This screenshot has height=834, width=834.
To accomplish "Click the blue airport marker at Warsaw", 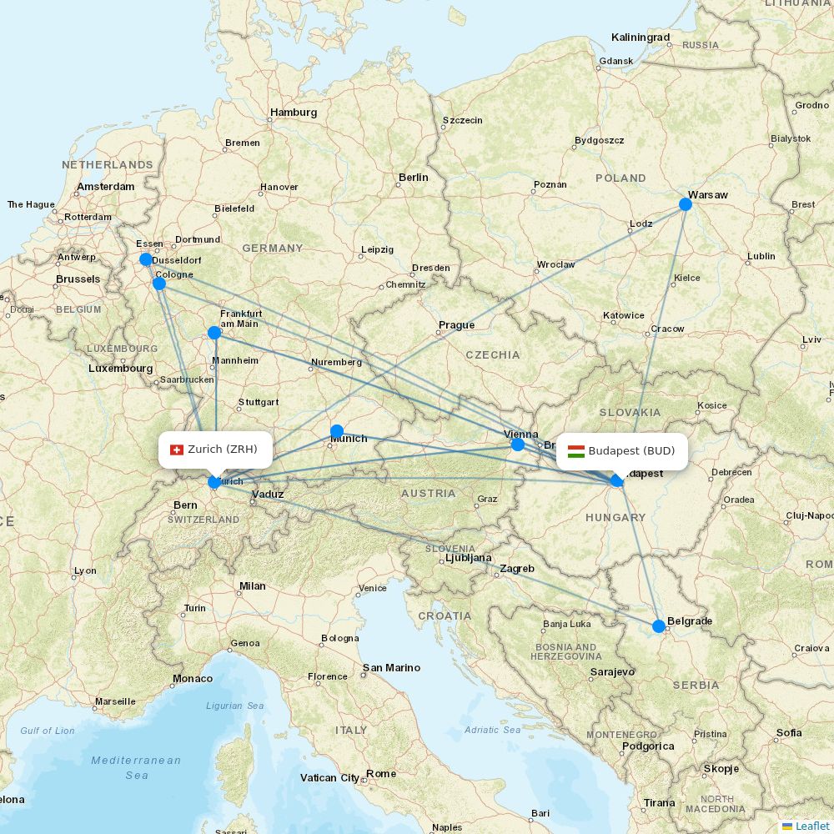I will tap(686, 204).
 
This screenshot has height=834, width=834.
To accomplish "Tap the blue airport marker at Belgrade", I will tap(659, 626).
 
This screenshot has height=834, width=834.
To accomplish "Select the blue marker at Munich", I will tap(337, 431).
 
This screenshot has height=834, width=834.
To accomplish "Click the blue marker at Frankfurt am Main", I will tap(214, 333).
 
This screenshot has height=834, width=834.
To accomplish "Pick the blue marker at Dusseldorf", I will tap(146, 259).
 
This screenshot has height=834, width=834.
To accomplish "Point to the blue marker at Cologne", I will tap(159, 284).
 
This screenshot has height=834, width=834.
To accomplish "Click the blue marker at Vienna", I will tap(518, 445).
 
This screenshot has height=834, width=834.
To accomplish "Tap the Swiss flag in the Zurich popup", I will tap(176, 450).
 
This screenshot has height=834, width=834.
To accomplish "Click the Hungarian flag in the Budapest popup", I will tap(575, 451).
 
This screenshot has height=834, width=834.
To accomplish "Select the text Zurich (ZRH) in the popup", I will tap(223, 450).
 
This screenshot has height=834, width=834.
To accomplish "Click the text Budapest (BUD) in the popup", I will tap(631, 451).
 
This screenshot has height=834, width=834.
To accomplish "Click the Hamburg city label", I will tap(294, 113).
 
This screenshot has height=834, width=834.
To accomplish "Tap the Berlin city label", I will tap(414, 177).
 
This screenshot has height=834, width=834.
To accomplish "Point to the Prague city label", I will tap(456, 325).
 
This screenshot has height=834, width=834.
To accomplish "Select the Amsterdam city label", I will tap(106, 187).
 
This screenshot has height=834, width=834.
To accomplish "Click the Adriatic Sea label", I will tap(493, 730).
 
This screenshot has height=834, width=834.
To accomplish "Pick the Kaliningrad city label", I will tap(641, 38).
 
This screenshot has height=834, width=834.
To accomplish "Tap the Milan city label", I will tap(253, 586).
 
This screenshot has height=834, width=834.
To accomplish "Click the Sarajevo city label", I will tap(612, 671).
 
